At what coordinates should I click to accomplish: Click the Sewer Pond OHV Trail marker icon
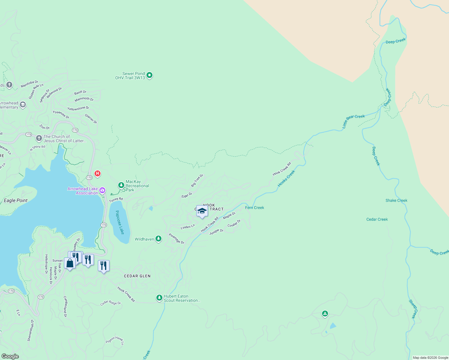point(149,75)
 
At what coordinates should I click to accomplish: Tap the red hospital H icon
point(98,173)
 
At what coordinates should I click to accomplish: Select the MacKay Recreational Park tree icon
point(121,185)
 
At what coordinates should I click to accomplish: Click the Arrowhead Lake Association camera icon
point(102,190)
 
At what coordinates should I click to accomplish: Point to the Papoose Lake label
point(119,222)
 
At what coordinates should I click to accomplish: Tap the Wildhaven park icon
point(158,239)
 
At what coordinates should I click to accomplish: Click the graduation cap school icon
point(202,211)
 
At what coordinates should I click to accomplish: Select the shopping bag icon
point(70,263)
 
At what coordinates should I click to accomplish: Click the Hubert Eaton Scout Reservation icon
point(159,298)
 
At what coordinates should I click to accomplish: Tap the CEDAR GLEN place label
point(137,276)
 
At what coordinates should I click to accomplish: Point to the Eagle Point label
point(16,200)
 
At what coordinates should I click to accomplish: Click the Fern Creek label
point(255,208)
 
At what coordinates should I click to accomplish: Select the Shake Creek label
point(396,200)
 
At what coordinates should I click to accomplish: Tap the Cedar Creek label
point(377,219)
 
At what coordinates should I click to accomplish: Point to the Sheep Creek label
point(413,309)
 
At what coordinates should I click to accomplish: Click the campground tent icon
point(325,314)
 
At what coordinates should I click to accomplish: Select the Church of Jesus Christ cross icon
point(39,138)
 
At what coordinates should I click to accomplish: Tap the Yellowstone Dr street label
point(78,108)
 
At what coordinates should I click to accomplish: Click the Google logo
point(10,356)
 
